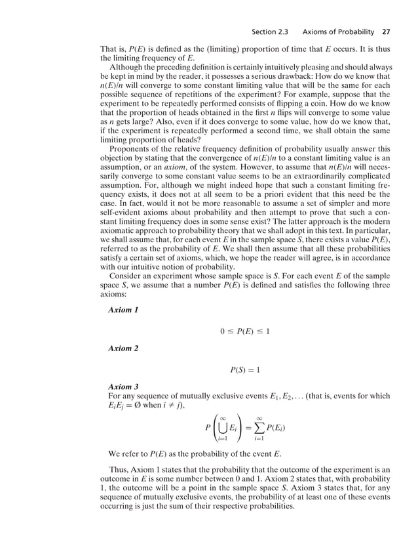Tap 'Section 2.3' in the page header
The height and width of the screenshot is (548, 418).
pyautogui.click(x=270, y=32)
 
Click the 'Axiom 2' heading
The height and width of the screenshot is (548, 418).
pyautogui.click(x=123, y=348)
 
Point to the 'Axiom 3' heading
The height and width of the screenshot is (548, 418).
pyautogui.click(x=123, y=387)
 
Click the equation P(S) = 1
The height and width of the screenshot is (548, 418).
pyautogui.click(x=244, y=370)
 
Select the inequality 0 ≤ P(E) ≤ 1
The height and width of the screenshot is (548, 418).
pyautogui.click(x=245, y=331)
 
